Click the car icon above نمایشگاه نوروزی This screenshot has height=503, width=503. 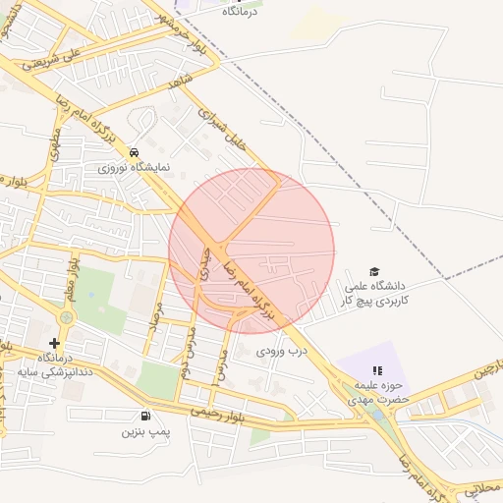[x=133, y=152]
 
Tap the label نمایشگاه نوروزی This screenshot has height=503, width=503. [x=135, y=167]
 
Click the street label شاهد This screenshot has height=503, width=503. [x=178, y=85]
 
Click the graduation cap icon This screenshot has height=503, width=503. [x=373, y=271]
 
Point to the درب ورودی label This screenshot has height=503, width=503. [x=283, y=349]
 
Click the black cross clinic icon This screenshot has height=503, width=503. [x=54, y=343]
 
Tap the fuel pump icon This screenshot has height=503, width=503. [x=146, y=416]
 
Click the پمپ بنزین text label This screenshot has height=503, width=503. [x=146, y=431]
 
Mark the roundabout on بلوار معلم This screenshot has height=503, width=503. [x=65, y=319]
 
